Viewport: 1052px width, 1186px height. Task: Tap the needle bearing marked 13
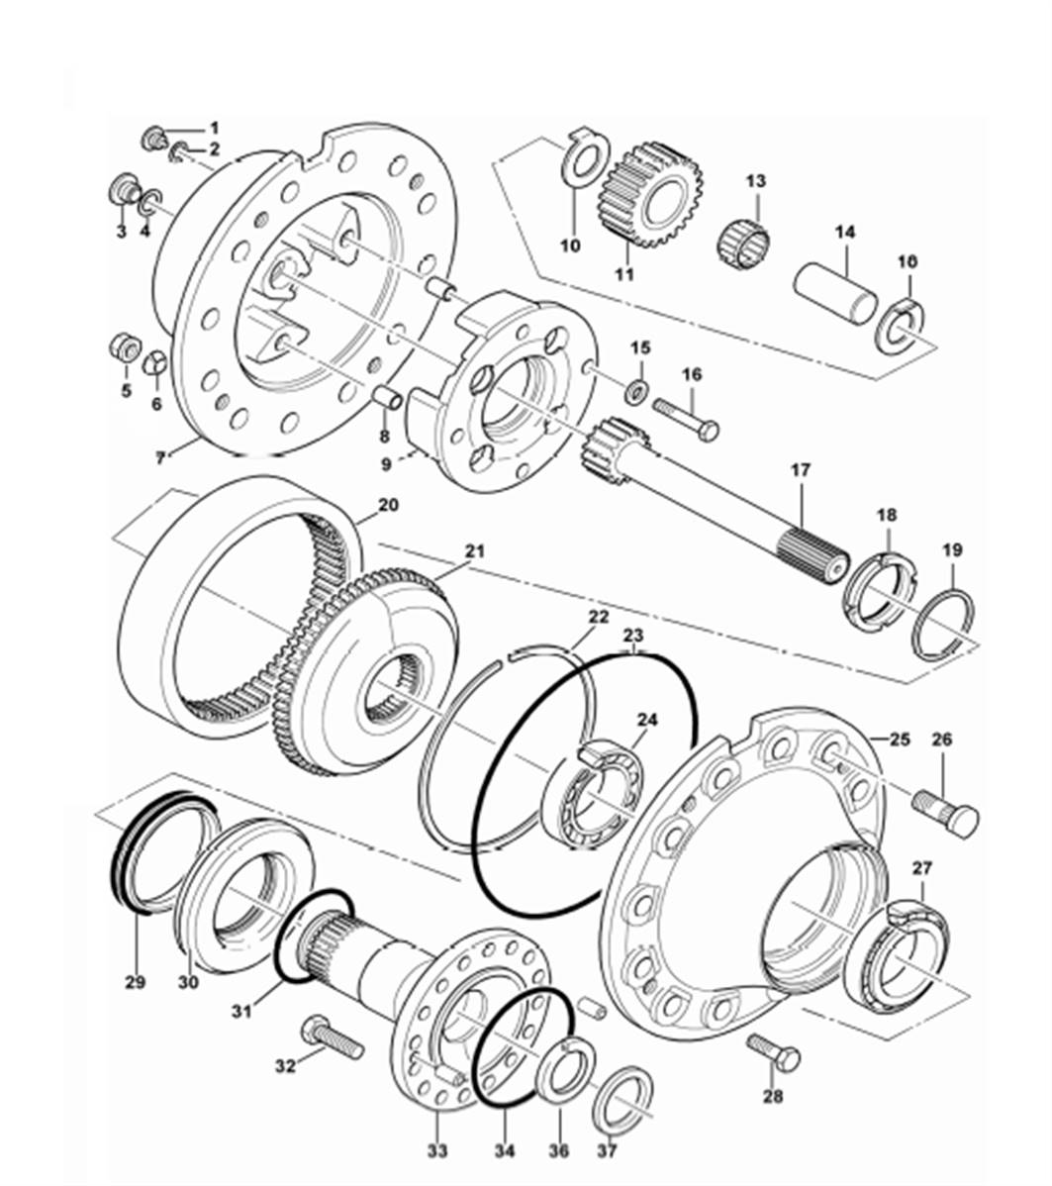click(x=744, y=242)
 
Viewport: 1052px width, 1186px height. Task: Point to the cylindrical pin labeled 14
click(x=836, y=291)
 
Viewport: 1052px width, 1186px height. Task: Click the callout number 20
click(x=388, y=504)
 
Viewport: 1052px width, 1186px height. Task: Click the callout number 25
click(x=899, y=739)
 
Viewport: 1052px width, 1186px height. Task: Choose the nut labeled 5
click(x=123, y=349)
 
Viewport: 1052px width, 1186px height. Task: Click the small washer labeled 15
click(x=636, y=384)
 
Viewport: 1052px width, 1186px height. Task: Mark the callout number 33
click(x=437, y=1150)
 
